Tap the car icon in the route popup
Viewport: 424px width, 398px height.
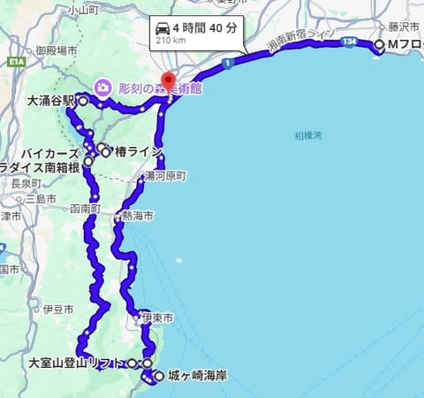point(163,27)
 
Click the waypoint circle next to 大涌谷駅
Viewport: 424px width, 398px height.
point(83,101)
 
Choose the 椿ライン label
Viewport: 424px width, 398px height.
point(138,152)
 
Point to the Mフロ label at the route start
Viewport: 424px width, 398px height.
point(405,44)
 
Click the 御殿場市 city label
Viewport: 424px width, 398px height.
point(57,51)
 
